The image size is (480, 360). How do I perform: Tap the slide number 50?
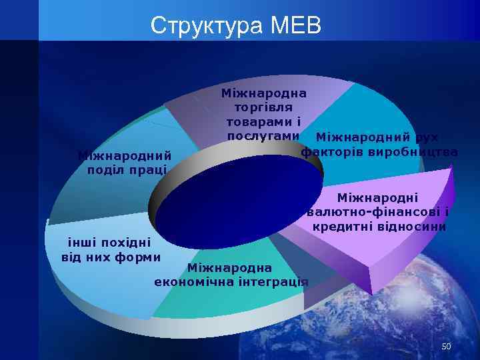[446, 347]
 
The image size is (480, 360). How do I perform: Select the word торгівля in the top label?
[263, 107]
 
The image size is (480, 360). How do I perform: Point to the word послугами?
[263, 135]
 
